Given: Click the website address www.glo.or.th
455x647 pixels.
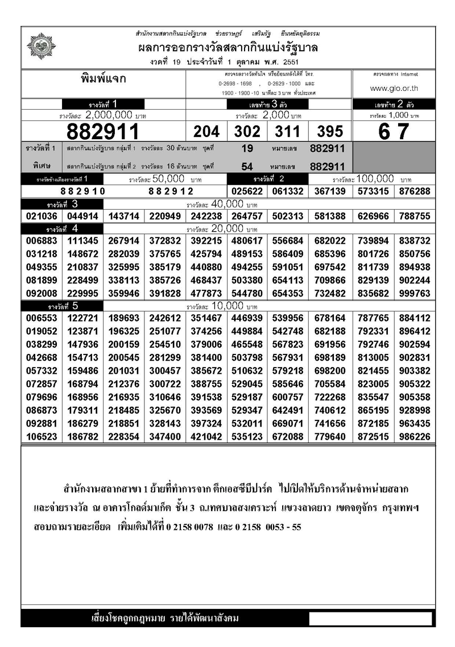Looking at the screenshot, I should click(x=394, y=88).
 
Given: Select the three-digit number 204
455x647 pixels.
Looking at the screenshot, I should click(x=206, y=132).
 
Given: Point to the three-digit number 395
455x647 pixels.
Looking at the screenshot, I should click(x=330, y=132).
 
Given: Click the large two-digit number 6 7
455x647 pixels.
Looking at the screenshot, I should click(x=394, y=131).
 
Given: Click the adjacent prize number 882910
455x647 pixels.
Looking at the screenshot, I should click(x=83, y=191).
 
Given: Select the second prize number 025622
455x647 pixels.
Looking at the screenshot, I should click(x=248, y=191).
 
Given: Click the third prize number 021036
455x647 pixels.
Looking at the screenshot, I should click(x=42, y=216).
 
